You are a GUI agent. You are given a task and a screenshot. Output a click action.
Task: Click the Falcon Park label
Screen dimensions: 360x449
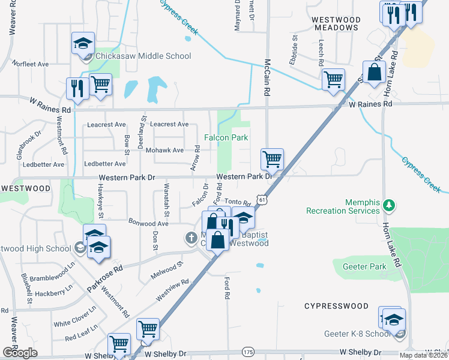pyautogui.click(x=226, y=137)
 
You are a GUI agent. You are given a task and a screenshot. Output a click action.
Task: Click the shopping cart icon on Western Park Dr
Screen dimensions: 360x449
pyautogui.click(x=272, y=160)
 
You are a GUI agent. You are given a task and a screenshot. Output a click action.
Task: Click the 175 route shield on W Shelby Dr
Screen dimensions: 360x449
pyautogui.click(x=249, y=351)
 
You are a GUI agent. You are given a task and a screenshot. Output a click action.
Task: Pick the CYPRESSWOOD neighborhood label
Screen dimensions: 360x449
pyautogui.click(x=336, y=306)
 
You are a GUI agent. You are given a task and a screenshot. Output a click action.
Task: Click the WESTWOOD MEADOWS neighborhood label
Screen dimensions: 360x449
pyautogui.click(x=336, y=24)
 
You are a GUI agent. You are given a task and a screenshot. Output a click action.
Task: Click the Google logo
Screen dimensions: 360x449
pyautogui.click(x=20, y=353)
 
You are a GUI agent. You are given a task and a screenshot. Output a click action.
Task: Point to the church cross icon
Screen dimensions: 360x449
pyautogui.click(x=191, y=238)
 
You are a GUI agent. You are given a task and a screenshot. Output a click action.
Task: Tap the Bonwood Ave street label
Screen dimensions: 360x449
pyautogui.click(x=148, y=222)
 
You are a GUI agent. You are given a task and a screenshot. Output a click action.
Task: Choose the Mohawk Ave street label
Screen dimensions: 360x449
pyautogui.click(x=164, y=150)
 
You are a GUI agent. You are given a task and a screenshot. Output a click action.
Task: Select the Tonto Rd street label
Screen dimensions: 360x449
pyautogui.click(x=237, y=203)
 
